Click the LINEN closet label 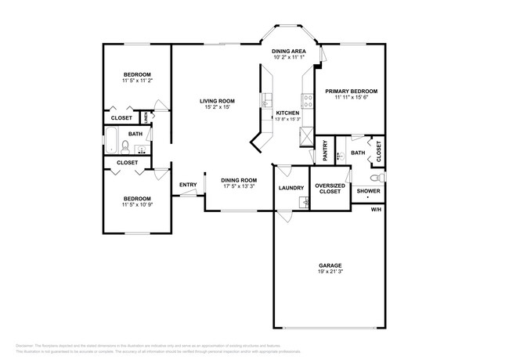point(145,117)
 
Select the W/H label point(376,209)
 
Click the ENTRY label point(188,185)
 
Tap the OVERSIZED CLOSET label point(329,189)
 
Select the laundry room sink point(304,203)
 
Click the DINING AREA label point(290,51)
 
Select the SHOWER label point(368,191)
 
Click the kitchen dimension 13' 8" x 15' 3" point(288,119)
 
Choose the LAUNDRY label point(291,189)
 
